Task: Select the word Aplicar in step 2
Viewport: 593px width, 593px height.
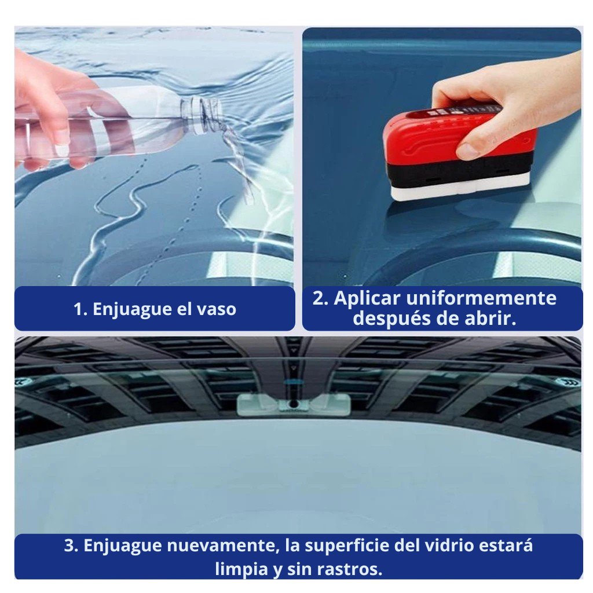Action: pos(367,299)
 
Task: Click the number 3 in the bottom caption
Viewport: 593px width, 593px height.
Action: pos(69,546)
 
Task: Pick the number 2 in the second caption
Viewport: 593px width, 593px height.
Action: pos(319,298)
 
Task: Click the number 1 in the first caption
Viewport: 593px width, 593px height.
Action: pos(78,309)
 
